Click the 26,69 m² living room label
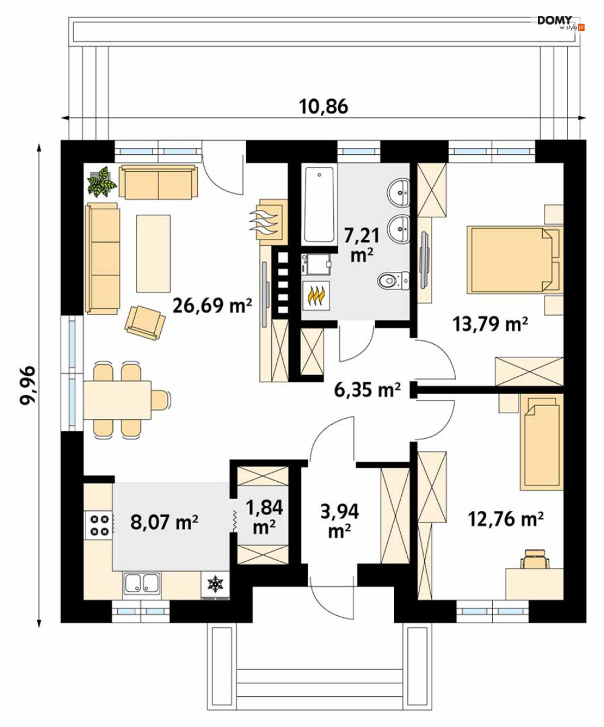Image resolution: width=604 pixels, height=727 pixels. coord(212,305)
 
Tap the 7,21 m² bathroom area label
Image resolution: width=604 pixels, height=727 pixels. coord(362,245)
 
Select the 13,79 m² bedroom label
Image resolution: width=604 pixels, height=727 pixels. coord(490,324)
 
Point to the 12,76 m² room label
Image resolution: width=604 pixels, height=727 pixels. coord(506,519)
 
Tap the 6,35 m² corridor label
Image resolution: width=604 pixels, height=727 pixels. coord(367,390)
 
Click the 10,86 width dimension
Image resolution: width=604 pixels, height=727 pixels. coord(324,107)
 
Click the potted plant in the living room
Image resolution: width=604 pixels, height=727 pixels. coord(102,181)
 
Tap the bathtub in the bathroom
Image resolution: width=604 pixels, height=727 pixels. coord(319,205)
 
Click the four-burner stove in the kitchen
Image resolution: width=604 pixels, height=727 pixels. coord(98,525)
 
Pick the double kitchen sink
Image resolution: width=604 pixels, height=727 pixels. coord(142,583)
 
